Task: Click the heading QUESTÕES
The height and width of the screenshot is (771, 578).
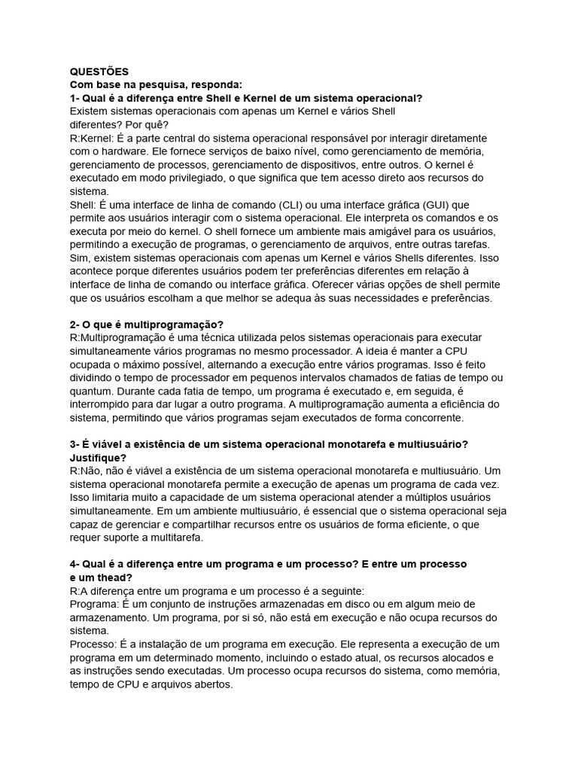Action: click(99, 72)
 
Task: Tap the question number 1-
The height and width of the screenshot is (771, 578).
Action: click(76, 99)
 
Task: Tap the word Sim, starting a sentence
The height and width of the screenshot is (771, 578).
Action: click(80, 258)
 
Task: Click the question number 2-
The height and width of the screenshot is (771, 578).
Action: click(76, 324)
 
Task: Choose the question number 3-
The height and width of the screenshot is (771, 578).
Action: click(76, 444)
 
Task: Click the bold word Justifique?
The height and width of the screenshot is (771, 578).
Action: click(98, 457)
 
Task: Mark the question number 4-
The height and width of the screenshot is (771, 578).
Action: click(76, 564)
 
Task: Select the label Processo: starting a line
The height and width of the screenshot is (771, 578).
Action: click(93, 645)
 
